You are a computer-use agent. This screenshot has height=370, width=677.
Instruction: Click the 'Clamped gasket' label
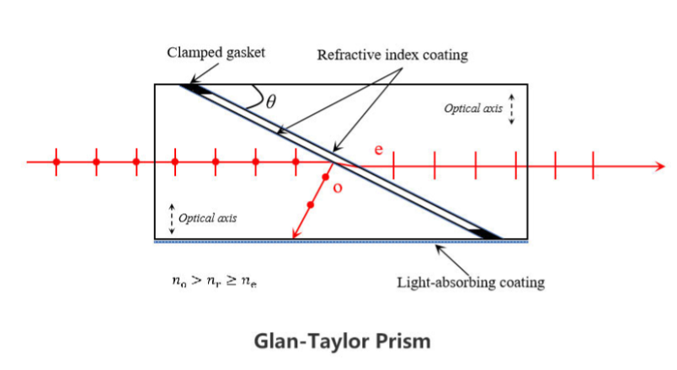(x=216, y=52)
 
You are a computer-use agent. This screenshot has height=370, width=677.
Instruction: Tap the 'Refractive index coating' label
(x=392, y=55)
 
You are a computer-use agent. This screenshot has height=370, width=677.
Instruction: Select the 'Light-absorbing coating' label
(x=470, y=282)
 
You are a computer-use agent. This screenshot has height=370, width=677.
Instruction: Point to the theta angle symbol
(x=270, y=103)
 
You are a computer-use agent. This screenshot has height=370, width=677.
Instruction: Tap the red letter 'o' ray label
(x=338, y=188)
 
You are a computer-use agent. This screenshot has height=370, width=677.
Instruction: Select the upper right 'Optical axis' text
(x=473, y=109)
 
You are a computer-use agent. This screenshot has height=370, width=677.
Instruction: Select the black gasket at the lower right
(x=487, y=233)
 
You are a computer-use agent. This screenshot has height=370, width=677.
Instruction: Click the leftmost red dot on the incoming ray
(x=56, y=161)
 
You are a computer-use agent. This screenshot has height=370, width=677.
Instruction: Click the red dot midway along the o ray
(x=311, y=204)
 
